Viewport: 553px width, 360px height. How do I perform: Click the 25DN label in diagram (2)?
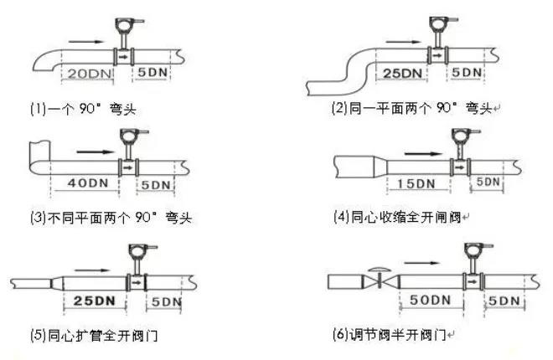pyautogui.click(x=402, y=73)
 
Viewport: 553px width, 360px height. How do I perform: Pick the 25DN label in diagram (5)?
pyautogui.click(x=93, y=299)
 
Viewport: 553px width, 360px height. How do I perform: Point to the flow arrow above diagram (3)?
pyautogui.click(x=92, y=153)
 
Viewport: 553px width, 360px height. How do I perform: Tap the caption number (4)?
pyautogui.click(x=341, y=219)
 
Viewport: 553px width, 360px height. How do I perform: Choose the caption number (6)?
pyautogui.click(x=340, y=337)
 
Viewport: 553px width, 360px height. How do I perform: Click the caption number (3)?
pyautogui.click(x=37, y=218)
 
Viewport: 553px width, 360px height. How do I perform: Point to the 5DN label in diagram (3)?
pyautogui.click(x=157, y=183)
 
